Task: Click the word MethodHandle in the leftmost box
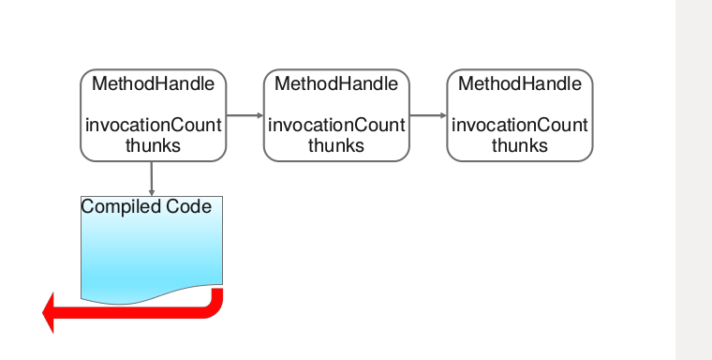click(x=153, y=84)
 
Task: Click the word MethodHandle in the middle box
click(x=336, y=84)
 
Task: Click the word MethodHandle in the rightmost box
click(x=520, y=84)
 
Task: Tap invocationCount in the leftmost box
click(x=154, y=126)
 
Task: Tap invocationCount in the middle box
click(x=336, y=126)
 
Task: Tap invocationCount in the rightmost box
click(x=520, y=126)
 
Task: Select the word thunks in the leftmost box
click(x=153, y=145)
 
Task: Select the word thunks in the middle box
click(x=336, y=145)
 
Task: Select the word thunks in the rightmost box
click(x=520, y=145)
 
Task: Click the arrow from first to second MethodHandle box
click(x=244, y=115)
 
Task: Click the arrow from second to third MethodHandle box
click(x=427, y=115)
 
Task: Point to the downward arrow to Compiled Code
click(x=152, y=178)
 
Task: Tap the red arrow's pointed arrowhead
click(x=50, y=312)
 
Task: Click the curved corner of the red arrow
click(x=215, y=307)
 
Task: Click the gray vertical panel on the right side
click(x=693, y=180)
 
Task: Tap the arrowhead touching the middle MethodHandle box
click(x=260, y=115)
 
